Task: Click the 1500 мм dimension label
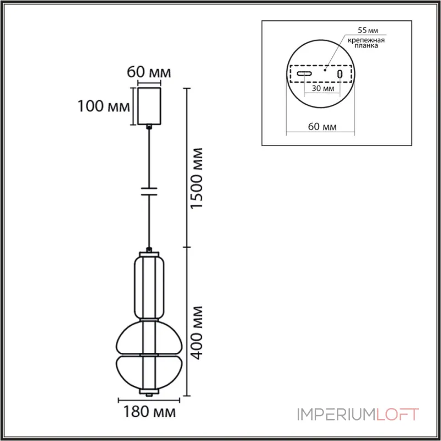[x=197, y=178]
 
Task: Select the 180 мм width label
[x=149, y=412]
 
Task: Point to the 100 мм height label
[x=104, y=106]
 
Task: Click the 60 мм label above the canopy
[x=149, y=72]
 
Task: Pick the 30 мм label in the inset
[x=323, y=88]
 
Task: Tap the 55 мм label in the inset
[x=368, y=30]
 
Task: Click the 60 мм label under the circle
[x=322, y=127]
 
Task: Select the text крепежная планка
[x=366, y=42]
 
